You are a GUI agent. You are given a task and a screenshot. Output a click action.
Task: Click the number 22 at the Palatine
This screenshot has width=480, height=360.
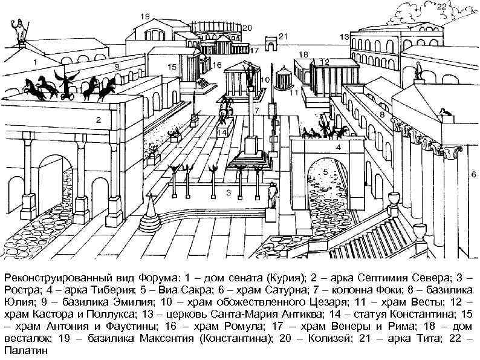click(x=442, y=6)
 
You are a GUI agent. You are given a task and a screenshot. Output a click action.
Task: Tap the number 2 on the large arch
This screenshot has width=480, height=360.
click(x=98, y=120)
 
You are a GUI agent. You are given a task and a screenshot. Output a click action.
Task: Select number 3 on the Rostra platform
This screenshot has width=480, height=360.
click(x=229, y=192)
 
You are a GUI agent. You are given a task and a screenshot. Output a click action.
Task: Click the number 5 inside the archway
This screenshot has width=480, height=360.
click(x=325, y=172)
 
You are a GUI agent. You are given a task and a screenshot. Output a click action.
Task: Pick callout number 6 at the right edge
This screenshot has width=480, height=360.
click(x=473, y=174)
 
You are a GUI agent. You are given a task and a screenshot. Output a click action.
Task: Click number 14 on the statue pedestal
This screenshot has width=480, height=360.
click(x=222, y=132)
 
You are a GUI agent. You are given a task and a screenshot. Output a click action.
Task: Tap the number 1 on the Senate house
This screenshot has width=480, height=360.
click(x=35, y=61)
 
